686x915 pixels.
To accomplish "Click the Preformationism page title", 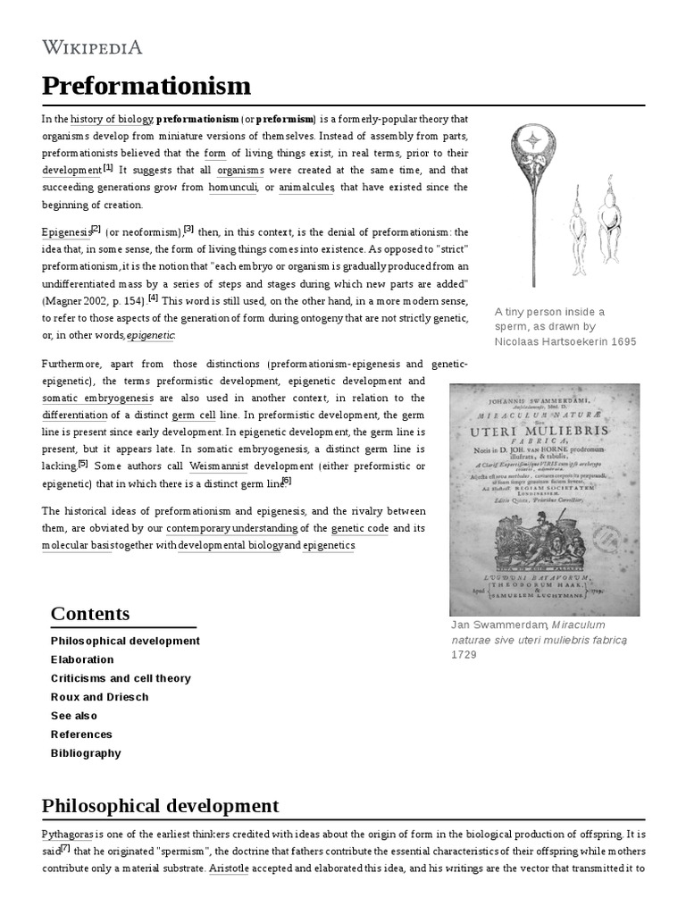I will (x=146, y=87).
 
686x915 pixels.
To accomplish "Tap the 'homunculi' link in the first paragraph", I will (x=232, y=187).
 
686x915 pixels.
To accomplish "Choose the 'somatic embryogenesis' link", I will (x=97, y=398).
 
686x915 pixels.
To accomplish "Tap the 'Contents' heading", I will (x=90, y=614).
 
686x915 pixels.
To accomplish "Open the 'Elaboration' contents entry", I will (x=82, y=659).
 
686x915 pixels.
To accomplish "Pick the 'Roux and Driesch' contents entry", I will (x=99, y=697).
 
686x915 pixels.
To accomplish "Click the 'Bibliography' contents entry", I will (x=86, y=753).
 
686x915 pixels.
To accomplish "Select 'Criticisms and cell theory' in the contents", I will (x=121, y=678).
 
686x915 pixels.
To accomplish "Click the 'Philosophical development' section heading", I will (x=160, y=806).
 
